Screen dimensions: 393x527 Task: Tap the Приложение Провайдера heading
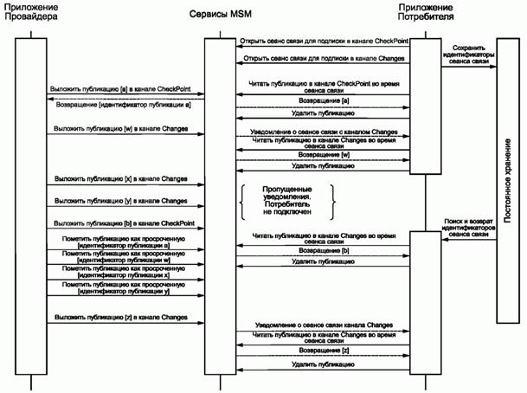point(30,15)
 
